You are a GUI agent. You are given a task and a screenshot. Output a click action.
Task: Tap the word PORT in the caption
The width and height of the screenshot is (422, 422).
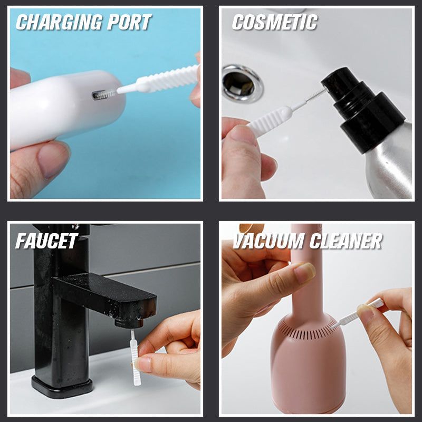(x=129, y=22)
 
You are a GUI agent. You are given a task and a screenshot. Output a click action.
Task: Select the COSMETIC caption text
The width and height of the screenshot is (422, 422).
(x=275, y=22)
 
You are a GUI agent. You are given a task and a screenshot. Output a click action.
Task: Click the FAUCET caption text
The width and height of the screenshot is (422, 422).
(x=47, y=241)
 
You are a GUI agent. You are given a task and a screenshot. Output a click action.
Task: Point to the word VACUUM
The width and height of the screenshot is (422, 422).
(x=269, y=241)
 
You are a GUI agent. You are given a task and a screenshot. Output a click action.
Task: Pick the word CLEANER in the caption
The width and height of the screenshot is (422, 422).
(x=346, y=241)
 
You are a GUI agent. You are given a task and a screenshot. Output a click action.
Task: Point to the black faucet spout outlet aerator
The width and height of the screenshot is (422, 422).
(x=129, y=322)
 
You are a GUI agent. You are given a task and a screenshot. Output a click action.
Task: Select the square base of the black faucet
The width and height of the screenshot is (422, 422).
(x=62, y=387)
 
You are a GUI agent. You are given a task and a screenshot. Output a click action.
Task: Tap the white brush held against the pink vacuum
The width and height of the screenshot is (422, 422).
(x=357, y=314)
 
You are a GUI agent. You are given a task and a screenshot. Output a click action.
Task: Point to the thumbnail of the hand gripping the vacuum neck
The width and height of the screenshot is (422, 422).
(x=305, y=271)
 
